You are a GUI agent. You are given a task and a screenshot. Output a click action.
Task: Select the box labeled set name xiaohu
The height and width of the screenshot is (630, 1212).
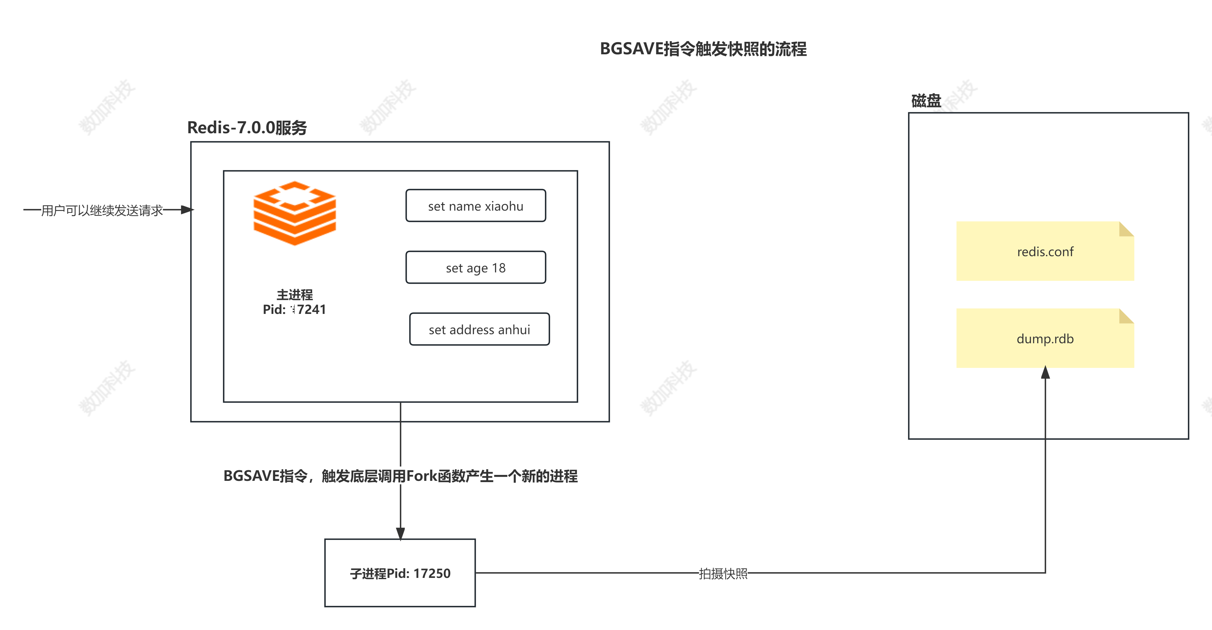[476, 206]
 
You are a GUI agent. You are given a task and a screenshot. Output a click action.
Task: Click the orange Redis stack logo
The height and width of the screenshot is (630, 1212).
[294, 213]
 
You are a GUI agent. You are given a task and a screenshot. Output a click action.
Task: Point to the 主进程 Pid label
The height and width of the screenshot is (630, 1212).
[294, 302]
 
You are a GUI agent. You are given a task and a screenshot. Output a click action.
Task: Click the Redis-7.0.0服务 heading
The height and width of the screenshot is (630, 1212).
[247, 128]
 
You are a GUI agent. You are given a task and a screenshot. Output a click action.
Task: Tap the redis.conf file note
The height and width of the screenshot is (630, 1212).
[1045, 251]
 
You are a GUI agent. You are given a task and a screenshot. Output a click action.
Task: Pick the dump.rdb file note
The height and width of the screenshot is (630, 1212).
[1045, 338]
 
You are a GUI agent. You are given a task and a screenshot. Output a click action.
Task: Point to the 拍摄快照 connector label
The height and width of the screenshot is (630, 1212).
[723, 574]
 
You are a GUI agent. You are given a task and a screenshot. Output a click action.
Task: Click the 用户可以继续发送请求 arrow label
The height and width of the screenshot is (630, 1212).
[102, 210]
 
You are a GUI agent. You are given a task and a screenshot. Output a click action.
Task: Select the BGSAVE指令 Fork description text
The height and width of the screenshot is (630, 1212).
[400, 476]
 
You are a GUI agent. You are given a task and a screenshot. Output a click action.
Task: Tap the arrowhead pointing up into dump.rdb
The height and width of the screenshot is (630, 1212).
[1045, 372]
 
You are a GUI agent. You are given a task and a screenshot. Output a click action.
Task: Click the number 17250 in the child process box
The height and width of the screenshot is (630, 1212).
[432, 573]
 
